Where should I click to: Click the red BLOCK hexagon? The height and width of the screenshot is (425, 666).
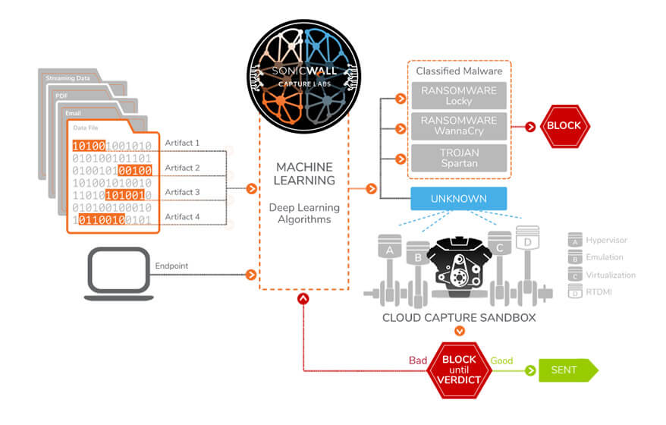click(564, 126)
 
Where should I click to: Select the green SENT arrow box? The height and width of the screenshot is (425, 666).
click(568, 370)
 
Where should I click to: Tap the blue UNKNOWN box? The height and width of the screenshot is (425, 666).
click(459, 199)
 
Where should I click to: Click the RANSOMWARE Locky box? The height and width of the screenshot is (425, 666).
click(459, 96)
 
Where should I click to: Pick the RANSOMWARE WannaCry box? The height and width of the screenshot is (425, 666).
click(459, 126)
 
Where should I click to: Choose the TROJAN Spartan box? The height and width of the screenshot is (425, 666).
click(459, 158)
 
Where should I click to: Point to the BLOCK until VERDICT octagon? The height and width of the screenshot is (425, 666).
click(459, 370)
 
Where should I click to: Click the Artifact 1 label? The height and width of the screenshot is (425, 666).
click(182, 143)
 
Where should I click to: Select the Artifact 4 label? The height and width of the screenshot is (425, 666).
click(182, 217)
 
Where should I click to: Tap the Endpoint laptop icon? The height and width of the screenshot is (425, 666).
click(118, 274)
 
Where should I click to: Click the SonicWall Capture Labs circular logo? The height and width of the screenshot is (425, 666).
click(304, 77)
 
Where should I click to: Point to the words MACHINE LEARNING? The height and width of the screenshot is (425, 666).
click(304, 173)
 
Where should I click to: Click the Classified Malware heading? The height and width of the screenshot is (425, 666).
click(459, 71)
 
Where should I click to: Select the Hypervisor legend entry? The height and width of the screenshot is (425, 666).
click(598, 240)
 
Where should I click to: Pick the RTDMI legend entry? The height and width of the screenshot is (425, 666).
click(590, 291)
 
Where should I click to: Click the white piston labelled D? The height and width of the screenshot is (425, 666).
click(527, 260)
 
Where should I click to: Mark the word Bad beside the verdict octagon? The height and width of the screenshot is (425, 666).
click(418, 360)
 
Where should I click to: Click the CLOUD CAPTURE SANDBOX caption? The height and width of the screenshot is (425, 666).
click(459, 318)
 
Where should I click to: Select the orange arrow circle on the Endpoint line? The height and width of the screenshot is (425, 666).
click(251, 275)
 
